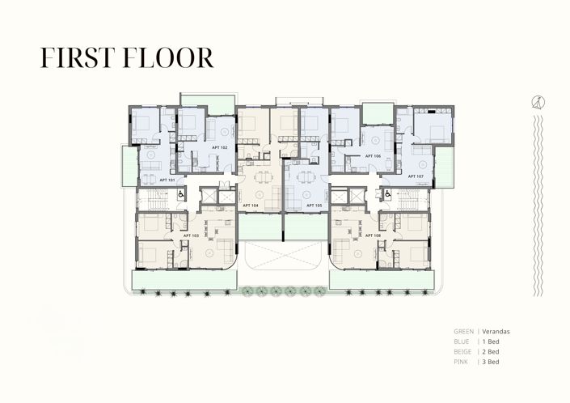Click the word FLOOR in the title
[170, 57]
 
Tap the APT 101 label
[167, 179]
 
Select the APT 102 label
[219, 148]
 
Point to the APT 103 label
[191, 235]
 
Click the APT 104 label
[250, 206]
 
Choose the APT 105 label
[314, 206]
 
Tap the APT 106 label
[373, 155]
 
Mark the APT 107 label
[416, 176]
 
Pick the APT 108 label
[373, 235]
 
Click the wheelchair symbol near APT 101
[180, 194]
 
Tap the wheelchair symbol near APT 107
[387, 194]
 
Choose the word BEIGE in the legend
[464, 353]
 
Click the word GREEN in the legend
[464, 332]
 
